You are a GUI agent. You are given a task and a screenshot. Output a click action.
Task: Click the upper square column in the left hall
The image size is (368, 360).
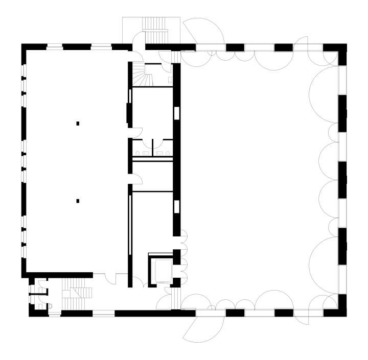point(78,123)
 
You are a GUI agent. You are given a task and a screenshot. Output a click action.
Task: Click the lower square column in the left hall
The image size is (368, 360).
point(78,201)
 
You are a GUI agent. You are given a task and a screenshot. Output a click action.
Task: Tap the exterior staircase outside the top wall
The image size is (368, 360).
point(152,31)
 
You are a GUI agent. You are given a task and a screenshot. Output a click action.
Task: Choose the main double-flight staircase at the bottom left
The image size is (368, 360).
point(77,295)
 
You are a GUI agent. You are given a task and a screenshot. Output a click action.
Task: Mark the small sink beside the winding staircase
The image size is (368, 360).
point(170,80)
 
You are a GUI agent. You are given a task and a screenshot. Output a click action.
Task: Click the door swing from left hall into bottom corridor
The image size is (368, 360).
point(110,279)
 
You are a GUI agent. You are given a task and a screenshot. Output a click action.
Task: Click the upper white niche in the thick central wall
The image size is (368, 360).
point(177,112)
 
